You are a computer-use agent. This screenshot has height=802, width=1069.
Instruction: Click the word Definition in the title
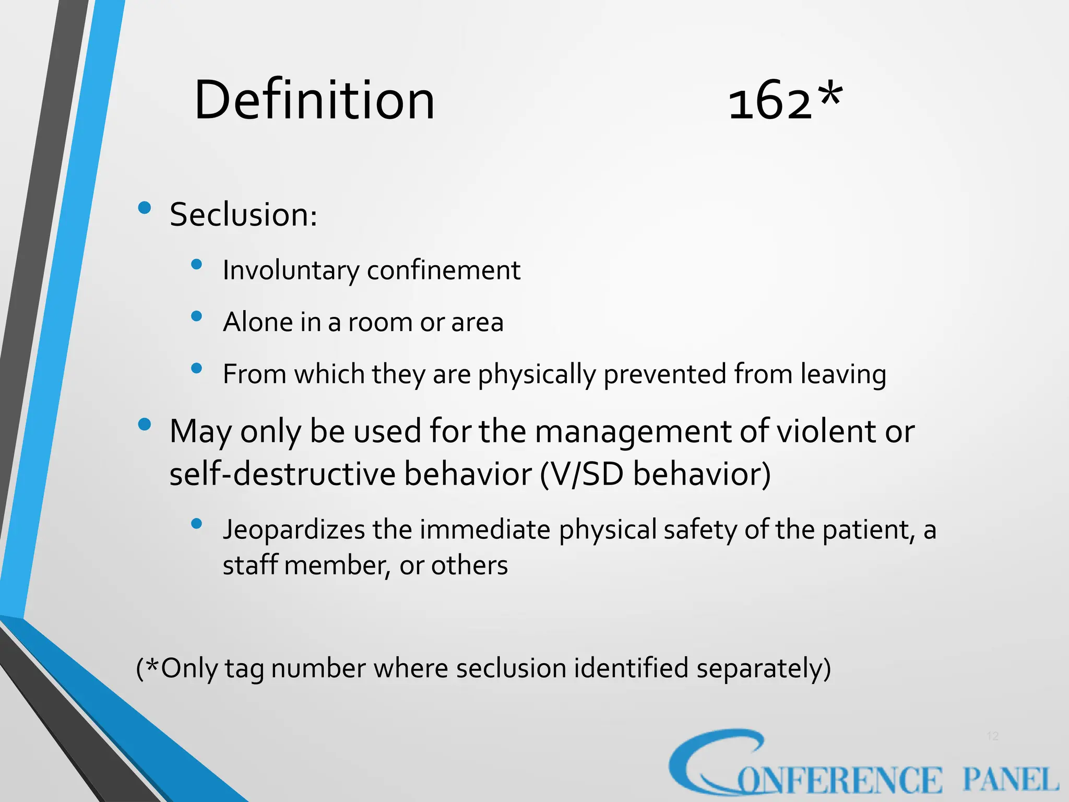pyautogui.click(x=314, y=100)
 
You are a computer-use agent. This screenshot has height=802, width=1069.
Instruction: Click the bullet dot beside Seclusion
pyautogui.click(x=145, y=208)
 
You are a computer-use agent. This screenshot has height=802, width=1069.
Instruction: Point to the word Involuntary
pyautogui.click(x=291, y=270)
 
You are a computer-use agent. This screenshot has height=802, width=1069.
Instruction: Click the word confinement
pyautogui.click(x=444, y=270)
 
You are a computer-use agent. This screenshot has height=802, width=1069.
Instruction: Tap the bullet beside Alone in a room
pyautogui.click(x=197, y=316)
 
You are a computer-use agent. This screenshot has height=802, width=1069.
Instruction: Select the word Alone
pyautogui.click(x=257, y=322)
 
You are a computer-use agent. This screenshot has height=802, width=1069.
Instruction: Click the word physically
pyautogui.click(x=537, y=375)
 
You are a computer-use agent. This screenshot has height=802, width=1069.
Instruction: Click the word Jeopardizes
pyautogui.click(x=293, y=529)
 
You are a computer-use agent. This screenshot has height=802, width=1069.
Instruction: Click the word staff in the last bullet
pyautogui.click(x=250, y=565)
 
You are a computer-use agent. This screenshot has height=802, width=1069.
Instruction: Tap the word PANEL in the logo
pyautogui.click(x=1011, y=780)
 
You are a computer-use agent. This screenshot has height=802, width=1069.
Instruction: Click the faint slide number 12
pyautogui.click(x=992, y=736)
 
